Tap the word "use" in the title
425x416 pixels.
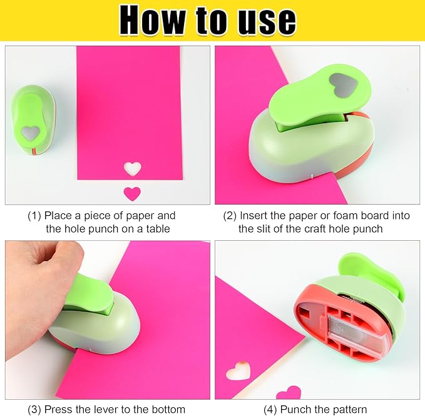tap(265, 21)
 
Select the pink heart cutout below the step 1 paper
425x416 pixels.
tap(132, 193)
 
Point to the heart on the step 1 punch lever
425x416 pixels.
tap(30, 132)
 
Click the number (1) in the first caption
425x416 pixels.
tap(35, 216)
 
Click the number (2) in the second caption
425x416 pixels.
tap(230, 216)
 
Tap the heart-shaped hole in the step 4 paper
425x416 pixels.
tap(238, 372)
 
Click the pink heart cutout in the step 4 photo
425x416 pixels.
tap(289, 393)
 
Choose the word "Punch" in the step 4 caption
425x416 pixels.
tap(297, 410)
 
